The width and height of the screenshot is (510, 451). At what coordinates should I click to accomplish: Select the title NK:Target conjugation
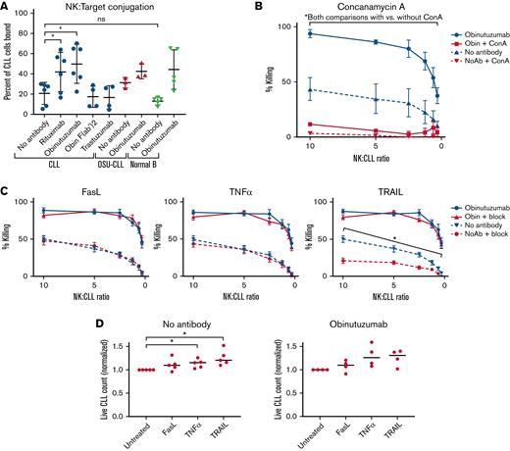click(x=128, y=9)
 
